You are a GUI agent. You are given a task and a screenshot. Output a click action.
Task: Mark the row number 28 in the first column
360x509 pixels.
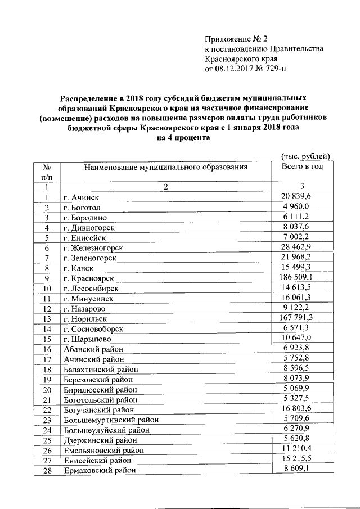click(x=47, y=470)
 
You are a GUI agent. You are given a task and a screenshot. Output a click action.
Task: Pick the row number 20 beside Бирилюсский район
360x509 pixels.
click(x=47, y=390)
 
